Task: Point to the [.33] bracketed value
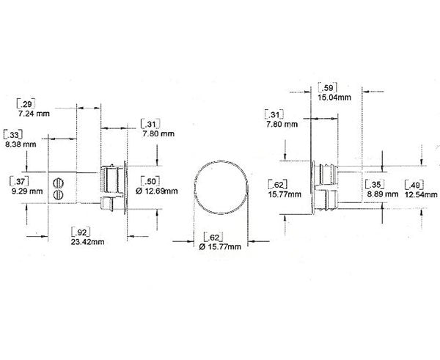point(12,135)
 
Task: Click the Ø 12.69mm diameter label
point(157,191)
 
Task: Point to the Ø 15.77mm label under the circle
point(218,248)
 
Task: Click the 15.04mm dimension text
point(334,96)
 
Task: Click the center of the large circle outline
point(220,186)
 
